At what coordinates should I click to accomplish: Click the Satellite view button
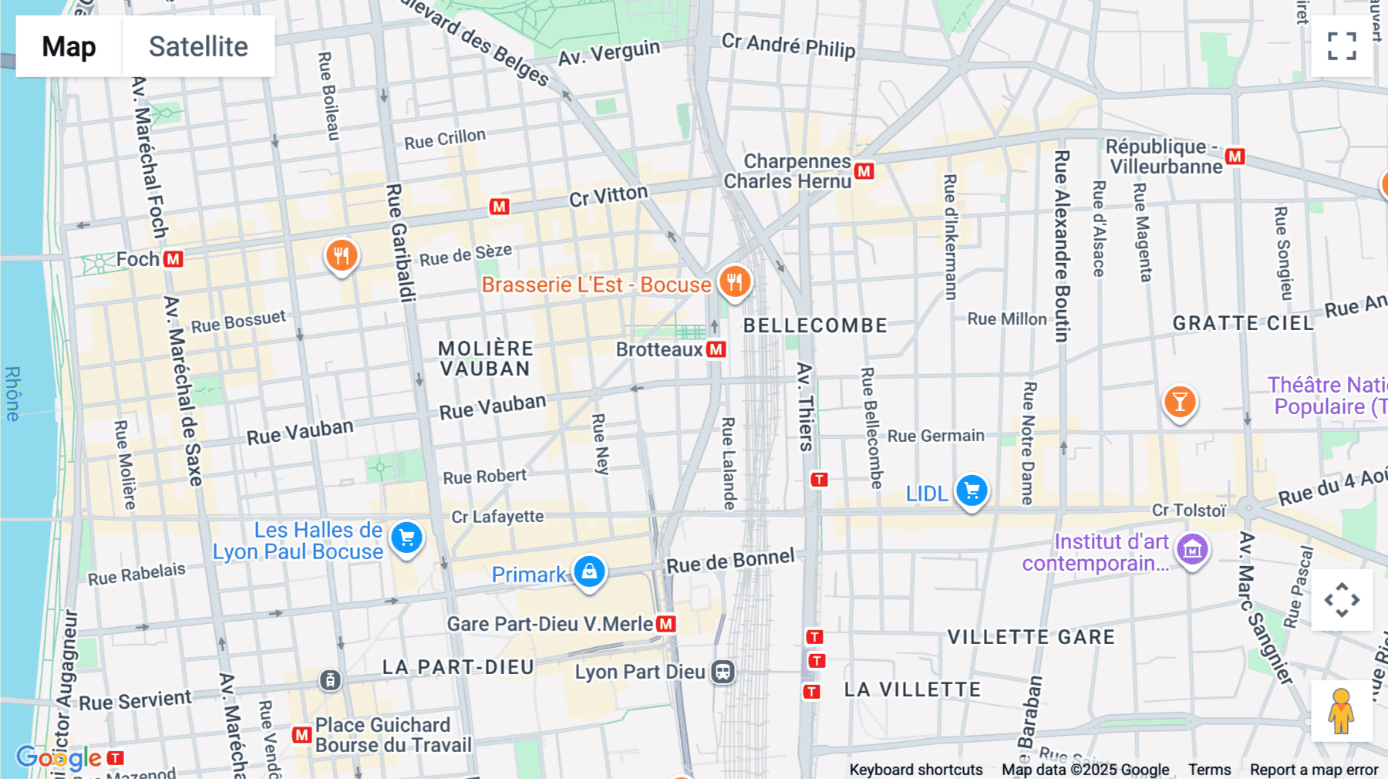click(198, 46)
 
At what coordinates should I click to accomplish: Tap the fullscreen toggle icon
click(1342, 46)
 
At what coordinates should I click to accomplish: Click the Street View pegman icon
click(1341, 711)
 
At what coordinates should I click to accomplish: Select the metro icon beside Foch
click(173, 259)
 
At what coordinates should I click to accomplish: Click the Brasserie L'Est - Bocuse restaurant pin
click(734, 282)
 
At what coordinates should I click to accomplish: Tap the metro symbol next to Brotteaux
click(716, 349)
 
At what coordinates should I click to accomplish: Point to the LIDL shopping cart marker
click(972, 491)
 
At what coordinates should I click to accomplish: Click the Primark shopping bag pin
click(589, 572)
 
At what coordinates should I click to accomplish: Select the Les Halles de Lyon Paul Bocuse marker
click(406, 538)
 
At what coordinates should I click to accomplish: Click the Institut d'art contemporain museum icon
click(1192, 550)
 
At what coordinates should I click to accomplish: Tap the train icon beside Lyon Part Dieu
click(723, 672)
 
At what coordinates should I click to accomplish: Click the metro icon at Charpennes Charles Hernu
click(864, 171)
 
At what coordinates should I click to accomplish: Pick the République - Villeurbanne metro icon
click(1235, 157)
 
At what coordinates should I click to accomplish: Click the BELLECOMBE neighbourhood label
click(815, 325)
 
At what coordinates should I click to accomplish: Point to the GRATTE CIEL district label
click(1243, 323)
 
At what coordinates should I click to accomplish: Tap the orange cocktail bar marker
click(1179, 402)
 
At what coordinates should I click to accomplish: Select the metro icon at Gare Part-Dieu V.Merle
click(666, 624)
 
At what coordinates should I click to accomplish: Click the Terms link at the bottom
click(1209, 769)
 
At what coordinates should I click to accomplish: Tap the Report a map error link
click(1313, 769)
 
